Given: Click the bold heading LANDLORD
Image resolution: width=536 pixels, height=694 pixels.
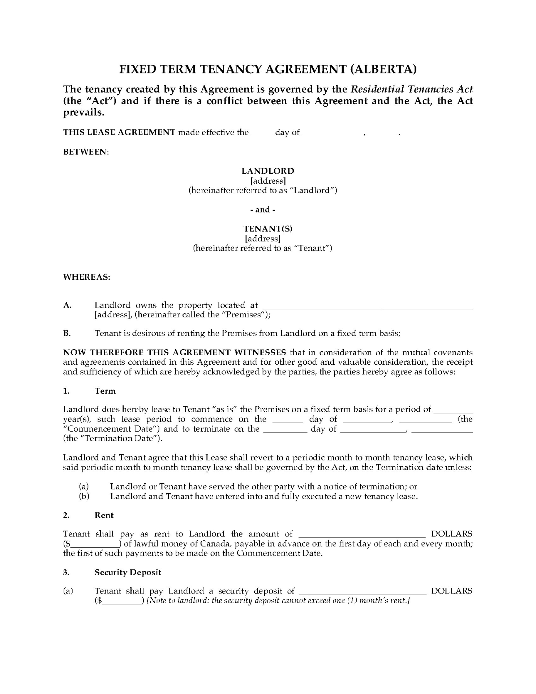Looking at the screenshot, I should point(268,171).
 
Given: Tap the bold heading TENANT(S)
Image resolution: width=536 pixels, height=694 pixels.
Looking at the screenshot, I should point(268,229).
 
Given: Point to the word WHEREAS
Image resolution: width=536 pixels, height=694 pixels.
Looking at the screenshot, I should point(86,277).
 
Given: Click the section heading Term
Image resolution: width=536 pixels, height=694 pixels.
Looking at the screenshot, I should point(105,391).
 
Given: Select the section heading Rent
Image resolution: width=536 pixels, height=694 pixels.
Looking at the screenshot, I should point(104,515).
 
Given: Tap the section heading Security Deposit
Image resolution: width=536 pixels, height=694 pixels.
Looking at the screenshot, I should point(128,572).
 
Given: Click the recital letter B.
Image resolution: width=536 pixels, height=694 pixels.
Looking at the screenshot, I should point(67,333).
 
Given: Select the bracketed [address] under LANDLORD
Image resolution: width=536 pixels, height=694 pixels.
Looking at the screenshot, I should point(268,181).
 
